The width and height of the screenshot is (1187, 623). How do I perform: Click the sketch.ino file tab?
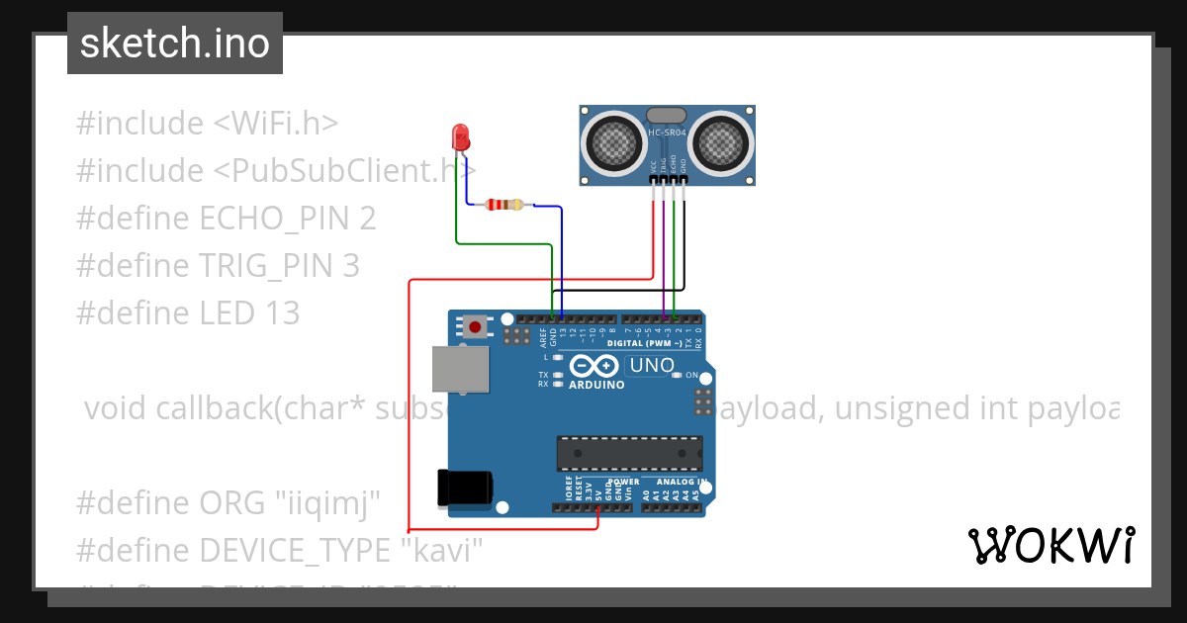point(175,44)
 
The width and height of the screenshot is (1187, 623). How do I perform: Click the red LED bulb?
point(460,136)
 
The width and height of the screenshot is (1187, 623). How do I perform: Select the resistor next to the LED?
point(504,205)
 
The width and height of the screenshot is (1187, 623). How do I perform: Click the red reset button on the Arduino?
point(476,326)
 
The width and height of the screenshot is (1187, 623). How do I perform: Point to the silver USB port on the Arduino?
point(460,370)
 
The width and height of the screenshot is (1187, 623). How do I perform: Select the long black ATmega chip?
point(629,452)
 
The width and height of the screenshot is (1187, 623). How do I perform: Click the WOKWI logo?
point(1050,545)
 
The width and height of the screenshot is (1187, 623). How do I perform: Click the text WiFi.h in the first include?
point(276,124)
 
